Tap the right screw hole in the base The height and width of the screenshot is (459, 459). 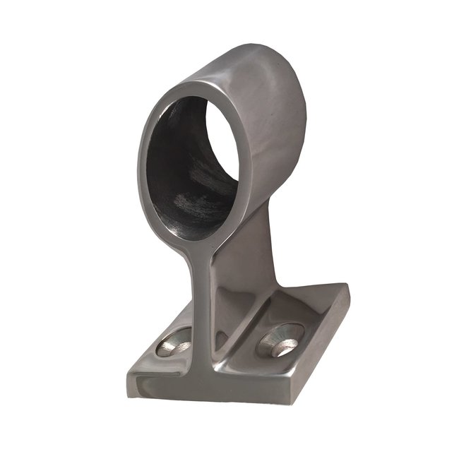point(281,340)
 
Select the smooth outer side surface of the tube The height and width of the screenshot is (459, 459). point(279,120)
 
